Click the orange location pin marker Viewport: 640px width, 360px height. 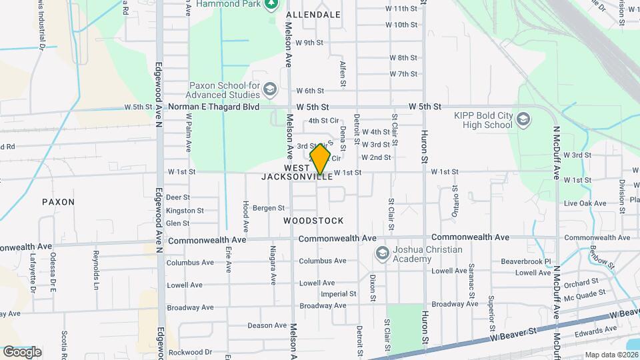click(321, 159)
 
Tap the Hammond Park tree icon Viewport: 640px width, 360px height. click(271, 5)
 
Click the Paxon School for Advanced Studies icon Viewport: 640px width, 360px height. click(270, 89)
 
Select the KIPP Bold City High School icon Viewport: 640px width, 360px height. click(523, 120)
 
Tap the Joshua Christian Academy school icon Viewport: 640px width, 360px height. click(382, 253)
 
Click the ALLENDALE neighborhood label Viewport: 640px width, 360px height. click(313, 14)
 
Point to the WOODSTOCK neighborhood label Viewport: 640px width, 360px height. click(313, 221)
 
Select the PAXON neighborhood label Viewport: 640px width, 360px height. click(58, 201)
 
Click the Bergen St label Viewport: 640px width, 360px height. click(269, 209)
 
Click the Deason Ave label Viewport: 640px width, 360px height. click(267, 325)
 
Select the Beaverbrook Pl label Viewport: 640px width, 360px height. click(527, 262)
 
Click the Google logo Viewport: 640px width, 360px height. click(22, 351)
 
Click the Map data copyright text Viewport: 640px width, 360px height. click(611, 355)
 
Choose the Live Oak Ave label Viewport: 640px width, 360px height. click(585, 203)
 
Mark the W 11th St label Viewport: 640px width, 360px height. click(401, 9)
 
